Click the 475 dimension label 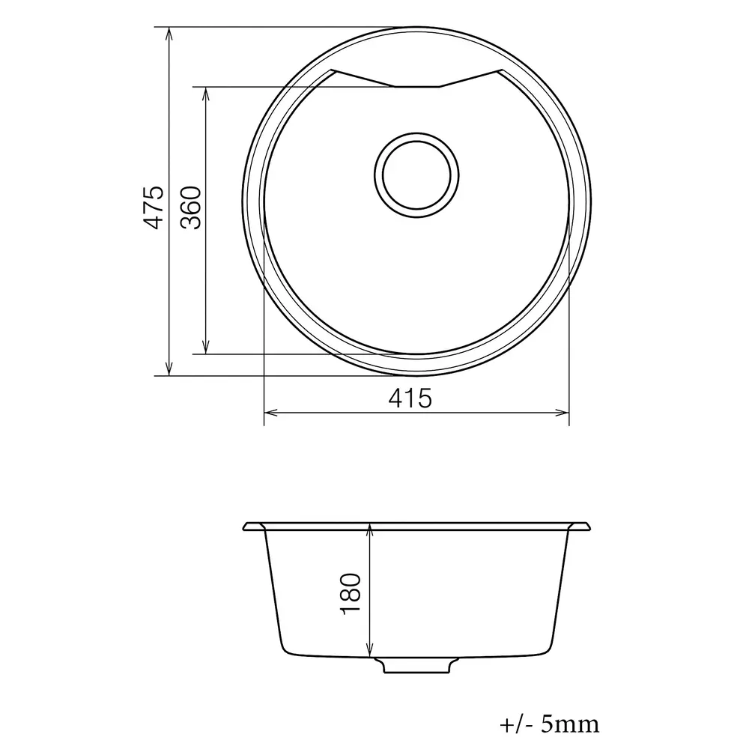(x=154, y=207)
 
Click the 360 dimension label (x=191, y=207)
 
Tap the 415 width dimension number (x=410, y=398)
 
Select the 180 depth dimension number (x=350, y=594)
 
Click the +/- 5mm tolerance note (x=549, y=724)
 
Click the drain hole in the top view (x=416, y=175)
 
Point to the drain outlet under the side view (x=416, y=665)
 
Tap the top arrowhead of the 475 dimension (x=169, y=34)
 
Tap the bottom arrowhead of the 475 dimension (x=169, y=369)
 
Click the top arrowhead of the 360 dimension (x=206, y=94)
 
